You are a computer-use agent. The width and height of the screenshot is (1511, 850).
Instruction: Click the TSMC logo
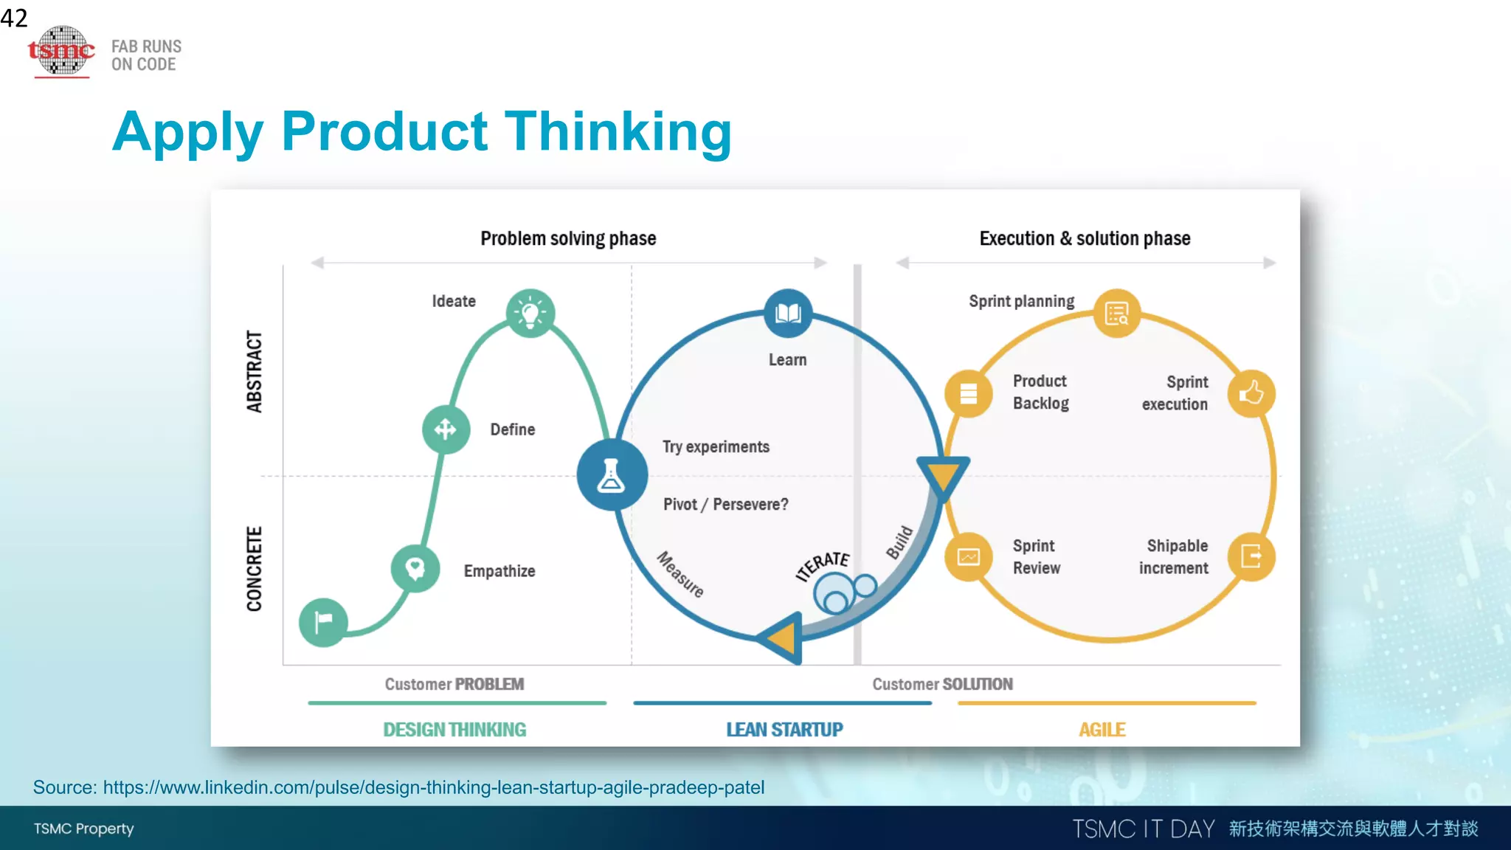point(61,51)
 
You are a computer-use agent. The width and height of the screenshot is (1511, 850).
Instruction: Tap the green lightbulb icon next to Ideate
point(530,313)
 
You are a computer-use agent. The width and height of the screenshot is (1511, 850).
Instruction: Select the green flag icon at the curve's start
point(323,622)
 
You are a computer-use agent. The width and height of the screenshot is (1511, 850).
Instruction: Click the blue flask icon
point(612,475)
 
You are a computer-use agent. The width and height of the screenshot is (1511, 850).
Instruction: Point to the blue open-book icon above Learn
point(787,313)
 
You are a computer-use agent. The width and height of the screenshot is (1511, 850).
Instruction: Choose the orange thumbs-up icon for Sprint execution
point(1251,393)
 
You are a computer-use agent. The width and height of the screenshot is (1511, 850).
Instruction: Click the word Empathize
point(499,571)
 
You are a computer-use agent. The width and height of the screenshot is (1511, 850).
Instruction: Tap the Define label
point(512,429)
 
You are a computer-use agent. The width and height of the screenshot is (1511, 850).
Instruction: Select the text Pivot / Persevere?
point(725,505)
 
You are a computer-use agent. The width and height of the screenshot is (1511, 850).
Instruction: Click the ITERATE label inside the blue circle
point(823,566)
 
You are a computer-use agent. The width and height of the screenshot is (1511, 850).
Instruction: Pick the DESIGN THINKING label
point(454,730)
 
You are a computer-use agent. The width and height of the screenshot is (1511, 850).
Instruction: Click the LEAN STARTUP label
point(784,730)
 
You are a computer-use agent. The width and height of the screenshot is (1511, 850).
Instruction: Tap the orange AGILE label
point(1102,730)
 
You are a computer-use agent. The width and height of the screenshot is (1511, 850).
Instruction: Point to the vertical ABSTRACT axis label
point(255,371)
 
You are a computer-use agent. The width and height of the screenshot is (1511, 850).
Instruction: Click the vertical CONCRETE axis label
point(255,569)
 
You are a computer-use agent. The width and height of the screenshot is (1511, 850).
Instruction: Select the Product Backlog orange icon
point(968,393)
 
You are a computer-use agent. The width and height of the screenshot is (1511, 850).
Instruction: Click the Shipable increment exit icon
point(1251,556)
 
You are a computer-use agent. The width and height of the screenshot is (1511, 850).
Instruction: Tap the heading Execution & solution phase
point(1085,238)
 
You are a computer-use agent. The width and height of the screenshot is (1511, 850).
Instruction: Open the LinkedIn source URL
point(433,787)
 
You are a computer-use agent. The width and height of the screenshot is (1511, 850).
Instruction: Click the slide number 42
point(14,17)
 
